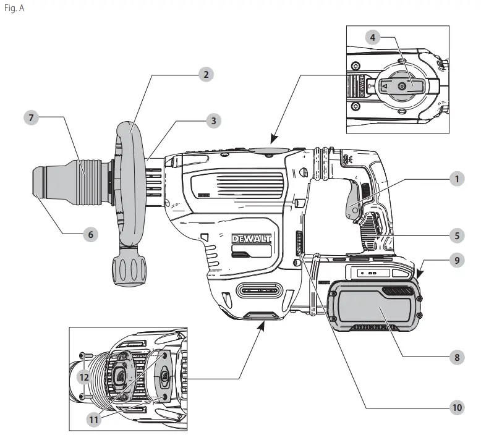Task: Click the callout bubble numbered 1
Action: [456, 180]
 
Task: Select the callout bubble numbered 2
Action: [206, 75]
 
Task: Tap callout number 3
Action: [213, 120]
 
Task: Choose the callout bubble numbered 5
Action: [456, 235]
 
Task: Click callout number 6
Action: [91, 235]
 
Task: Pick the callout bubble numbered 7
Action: [28, 117]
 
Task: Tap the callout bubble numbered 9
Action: [456, 261]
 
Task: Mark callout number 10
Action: [456, 407]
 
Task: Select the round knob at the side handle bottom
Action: [129, 271]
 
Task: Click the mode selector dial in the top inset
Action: [402, 87]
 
